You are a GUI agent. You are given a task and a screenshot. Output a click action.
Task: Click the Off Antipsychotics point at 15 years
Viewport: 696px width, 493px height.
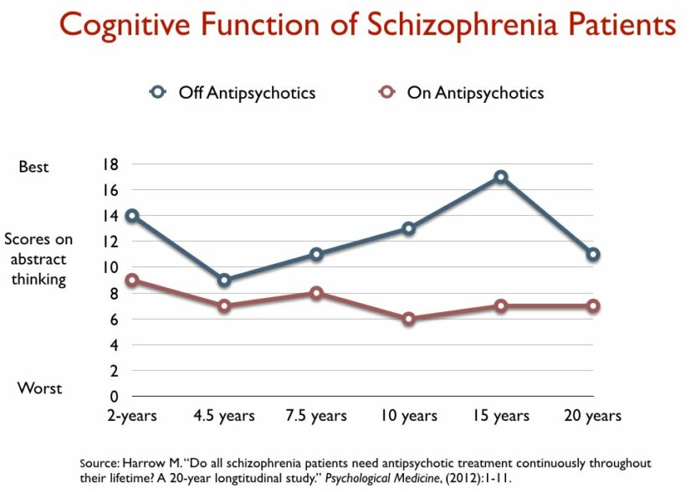[x=500, y=177]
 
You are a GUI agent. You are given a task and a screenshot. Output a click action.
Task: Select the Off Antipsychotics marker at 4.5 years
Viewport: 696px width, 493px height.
[x=224, y=280]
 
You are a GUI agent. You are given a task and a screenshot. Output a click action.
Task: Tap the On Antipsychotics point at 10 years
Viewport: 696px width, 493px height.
[x=408, y=319]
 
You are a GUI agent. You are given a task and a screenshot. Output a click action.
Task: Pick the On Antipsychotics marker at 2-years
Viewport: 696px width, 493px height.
[x=132, y=280]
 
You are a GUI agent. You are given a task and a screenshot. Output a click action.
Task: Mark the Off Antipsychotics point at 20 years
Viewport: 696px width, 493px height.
[x=592, y=254]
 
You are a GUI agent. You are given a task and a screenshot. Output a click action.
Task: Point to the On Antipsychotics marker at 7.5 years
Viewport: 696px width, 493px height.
[x=316, y=293]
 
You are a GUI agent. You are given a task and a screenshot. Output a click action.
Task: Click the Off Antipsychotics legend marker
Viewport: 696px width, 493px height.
[x=159, y=92]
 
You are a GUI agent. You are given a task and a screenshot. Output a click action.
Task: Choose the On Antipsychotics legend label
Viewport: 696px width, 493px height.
[x=475, y=92]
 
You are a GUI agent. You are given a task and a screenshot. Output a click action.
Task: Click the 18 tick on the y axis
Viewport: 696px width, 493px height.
[x=110, y=164]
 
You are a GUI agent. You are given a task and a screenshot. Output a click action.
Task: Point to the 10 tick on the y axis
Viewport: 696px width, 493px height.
[x=110, y=268]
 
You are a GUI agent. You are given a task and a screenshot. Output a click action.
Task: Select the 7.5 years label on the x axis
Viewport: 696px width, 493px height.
[x=316, y=416]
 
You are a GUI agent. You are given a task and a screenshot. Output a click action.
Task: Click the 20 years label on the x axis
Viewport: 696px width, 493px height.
[x=592, y=416]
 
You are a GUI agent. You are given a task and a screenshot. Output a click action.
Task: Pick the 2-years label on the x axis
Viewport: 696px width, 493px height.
[x=132, y=416]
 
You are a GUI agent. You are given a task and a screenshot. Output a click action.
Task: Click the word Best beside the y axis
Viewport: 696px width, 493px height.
[x=34, y=167]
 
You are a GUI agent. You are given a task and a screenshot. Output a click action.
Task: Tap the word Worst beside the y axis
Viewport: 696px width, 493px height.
[x=39, y=388]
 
